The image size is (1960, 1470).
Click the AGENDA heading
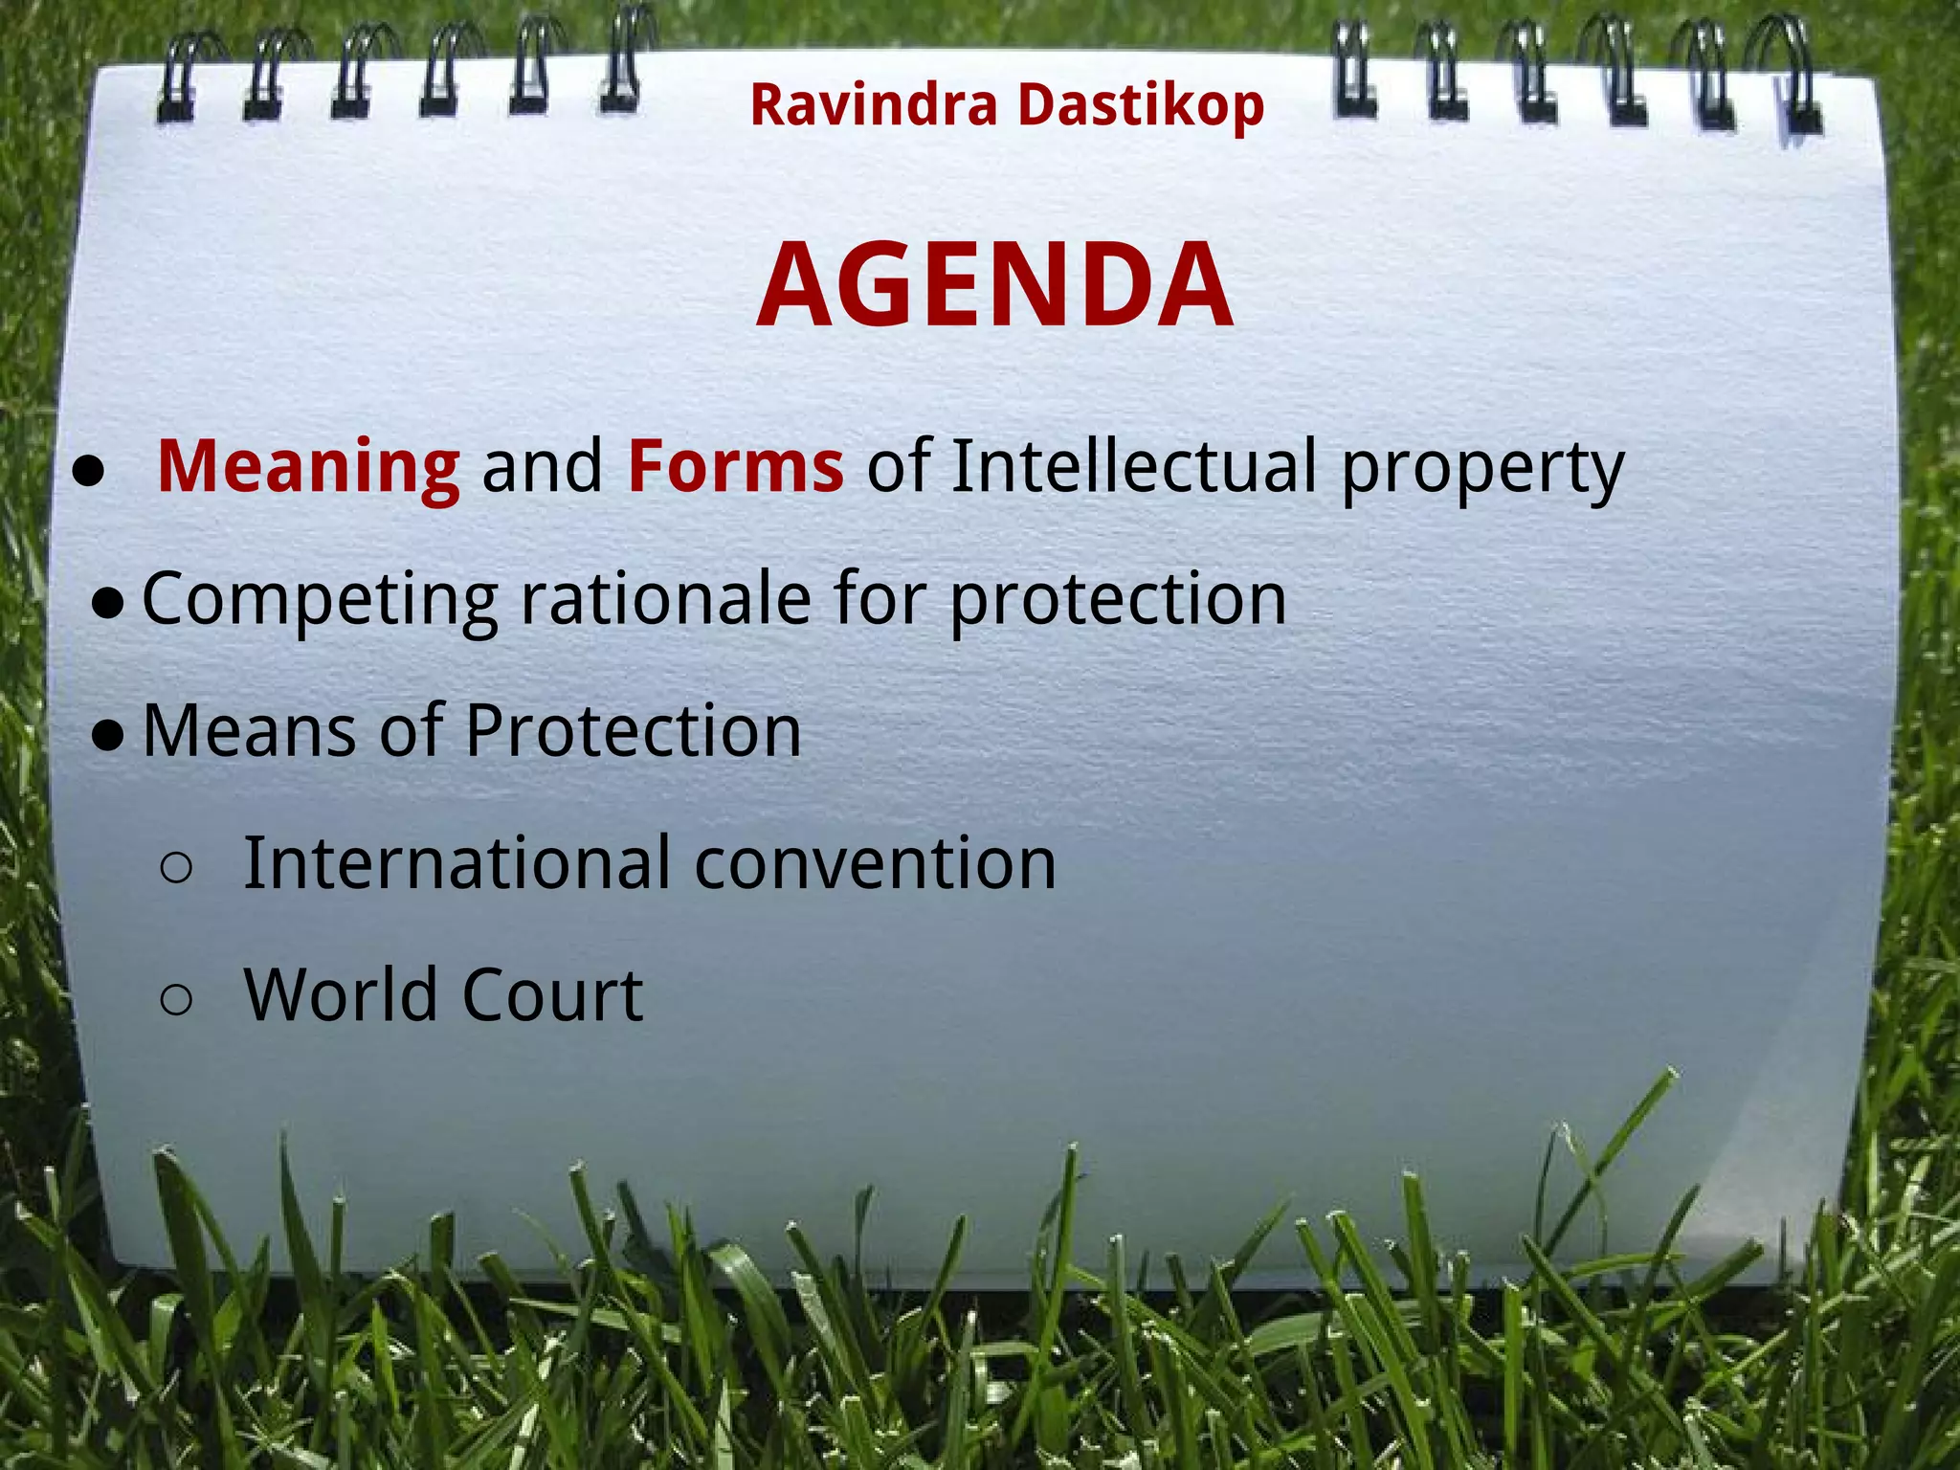(x=994, y=285)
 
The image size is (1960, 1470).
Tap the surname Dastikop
(x=1141, y=104)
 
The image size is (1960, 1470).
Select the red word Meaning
(x=308, y=467)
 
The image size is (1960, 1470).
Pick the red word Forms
(x=735, y=467)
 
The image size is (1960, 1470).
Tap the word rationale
(x=665, y=599)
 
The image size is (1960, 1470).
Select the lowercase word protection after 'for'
(x=1118, y=601)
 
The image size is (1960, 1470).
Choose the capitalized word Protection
(x=634, y=731)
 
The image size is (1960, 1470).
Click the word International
(x=457, y=863)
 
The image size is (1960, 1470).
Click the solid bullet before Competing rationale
(x=108, y=604)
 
